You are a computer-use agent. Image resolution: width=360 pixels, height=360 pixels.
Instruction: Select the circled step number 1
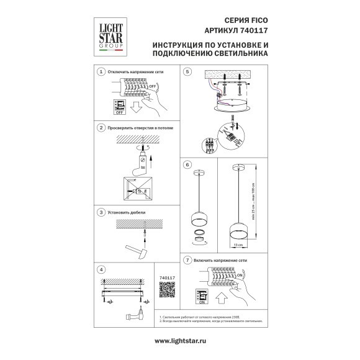pos(101,73)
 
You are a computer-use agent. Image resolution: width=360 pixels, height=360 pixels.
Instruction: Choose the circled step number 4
pos(101,269)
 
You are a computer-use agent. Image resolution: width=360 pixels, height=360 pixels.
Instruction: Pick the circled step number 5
pos(186,73)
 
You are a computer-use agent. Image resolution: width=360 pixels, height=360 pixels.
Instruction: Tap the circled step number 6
pos(186,164)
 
